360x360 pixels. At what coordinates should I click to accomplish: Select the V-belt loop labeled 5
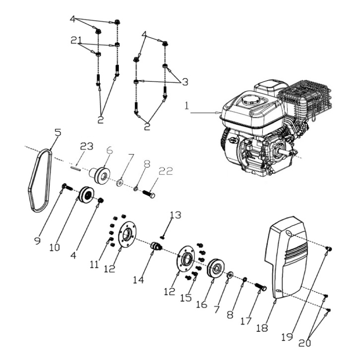point(33,180)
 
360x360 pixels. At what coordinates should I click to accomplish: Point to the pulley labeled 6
point(102,174)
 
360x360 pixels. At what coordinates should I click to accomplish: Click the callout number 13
point(175,215)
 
